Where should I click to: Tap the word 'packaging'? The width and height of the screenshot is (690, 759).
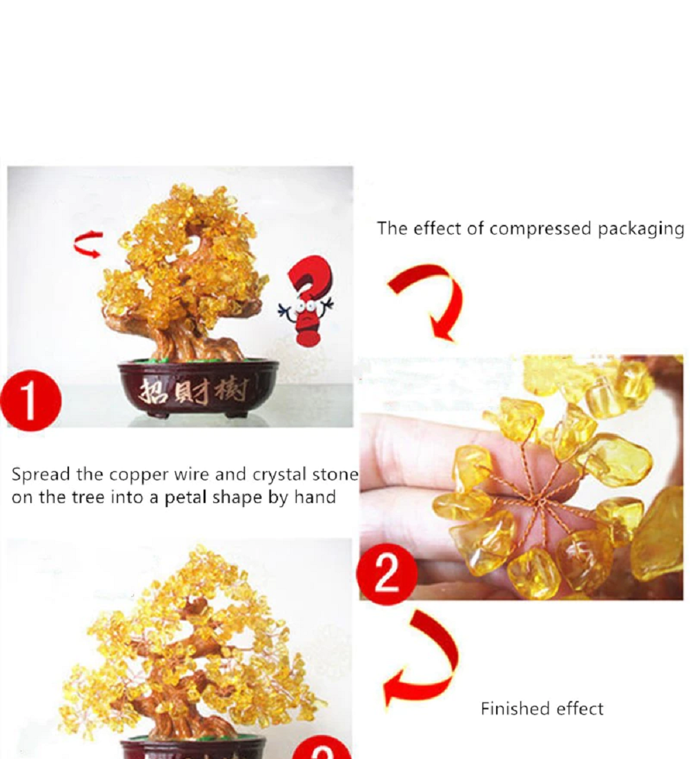click(x=641, y=229)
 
